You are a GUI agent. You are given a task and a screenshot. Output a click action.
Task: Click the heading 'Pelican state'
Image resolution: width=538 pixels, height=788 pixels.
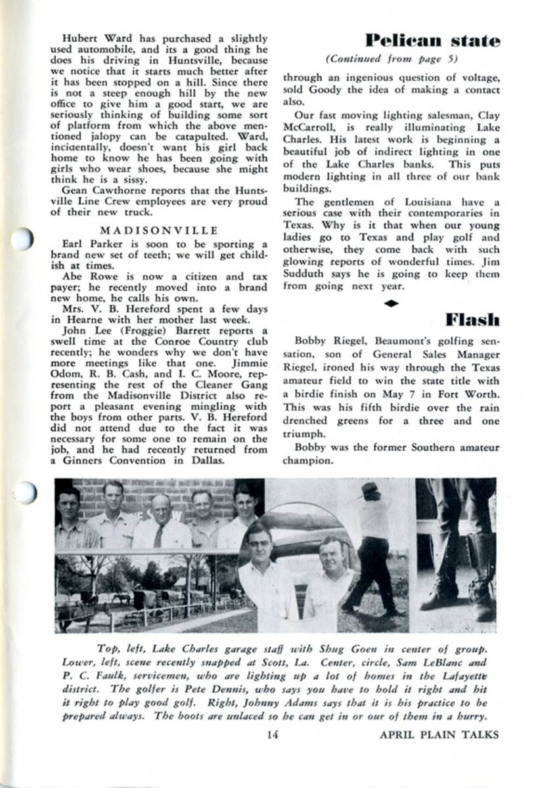[432, 41]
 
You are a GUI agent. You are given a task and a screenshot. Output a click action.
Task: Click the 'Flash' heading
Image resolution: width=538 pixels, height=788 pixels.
[472, 320]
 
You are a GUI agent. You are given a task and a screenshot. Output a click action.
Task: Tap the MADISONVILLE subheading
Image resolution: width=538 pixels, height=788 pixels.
[159, 230]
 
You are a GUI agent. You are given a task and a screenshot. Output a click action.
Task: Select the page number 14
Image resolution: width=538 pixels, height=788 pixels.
[273, 734]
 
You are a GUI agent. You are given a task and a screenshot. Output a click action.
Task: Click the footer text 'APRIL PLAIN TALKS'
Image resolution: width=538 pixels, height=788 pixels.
[439, 734]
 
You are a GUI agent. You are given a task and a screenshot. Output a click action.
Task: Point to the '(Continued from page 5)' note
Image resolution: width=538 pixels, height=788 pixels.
[392, 58]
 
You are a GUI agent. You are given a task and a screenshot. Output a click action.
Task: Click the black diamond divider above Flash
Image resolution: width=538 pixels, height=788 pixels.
[392, 303]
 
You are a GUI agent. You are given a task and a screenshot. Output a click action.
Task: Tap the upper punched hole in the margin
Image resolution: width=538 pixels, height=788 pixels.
[22, 238]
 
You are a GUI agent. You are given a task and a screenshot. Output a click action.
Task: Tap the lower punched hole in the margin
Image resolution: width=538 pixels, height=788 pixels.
[24, 492]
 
